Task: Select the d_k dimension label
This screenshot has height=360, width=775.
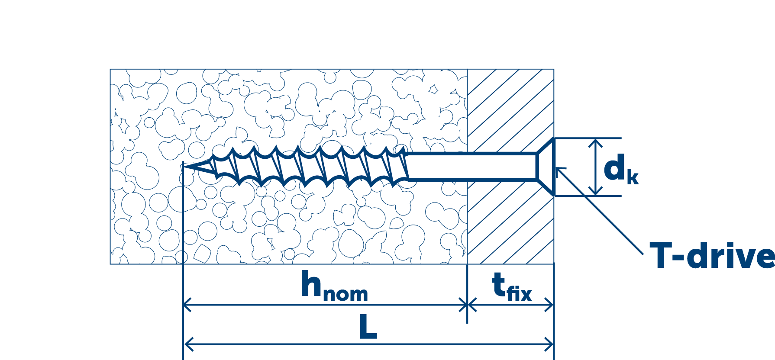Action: pos(620,170)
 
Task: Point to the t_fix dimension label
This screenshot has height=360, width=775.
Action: pos(511,287)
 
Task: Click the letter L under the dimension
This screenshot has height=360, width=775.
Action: pos(368,328)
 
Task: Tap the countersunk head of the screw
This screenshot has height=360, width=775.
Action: pos(546,167)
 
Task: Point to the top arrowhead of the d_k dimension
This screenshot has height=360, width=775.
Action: pos(596,142)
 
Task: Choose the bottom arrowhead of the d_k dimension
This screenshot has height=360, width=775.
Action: pos(596,192)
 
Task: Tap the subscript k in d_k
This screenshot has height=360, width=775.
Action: pos(633,178)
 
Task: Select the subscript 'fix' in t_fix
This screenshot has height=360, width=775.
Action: pos(519,294)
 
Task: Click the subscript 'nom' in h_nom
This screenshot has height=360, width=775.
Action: pos(346,294)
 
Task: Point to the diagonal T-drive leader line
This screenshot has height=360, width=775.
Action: pos(602,212)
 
